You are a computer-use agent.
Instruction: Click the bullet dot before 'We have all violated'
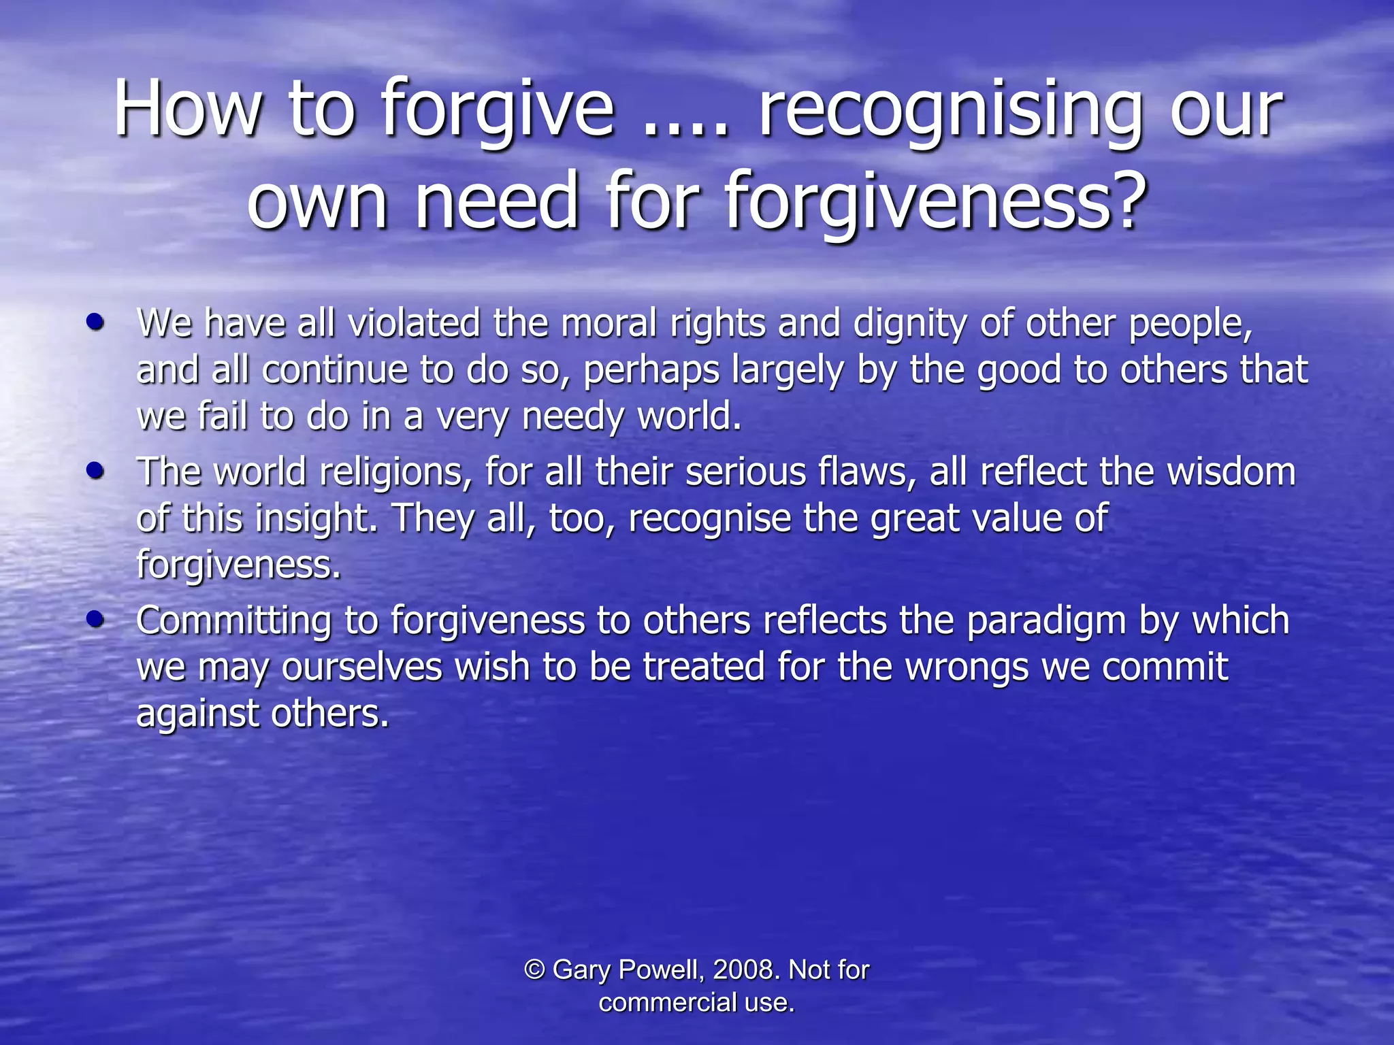pyautogui.click(x=96, y=322)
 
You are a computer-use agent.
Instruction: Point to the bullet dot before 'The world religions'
pyautogui.click(x=96, y=471)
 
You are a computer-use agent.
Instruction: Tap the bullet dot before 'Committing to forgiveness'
pyautogui.click(x=96, y=619)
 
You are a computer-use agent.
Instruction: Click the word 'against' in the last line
pyautogui.click(x=197, y=714)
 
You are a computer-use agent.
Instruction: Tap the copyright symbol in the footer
pyautogui.click(x=535, y=969)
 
